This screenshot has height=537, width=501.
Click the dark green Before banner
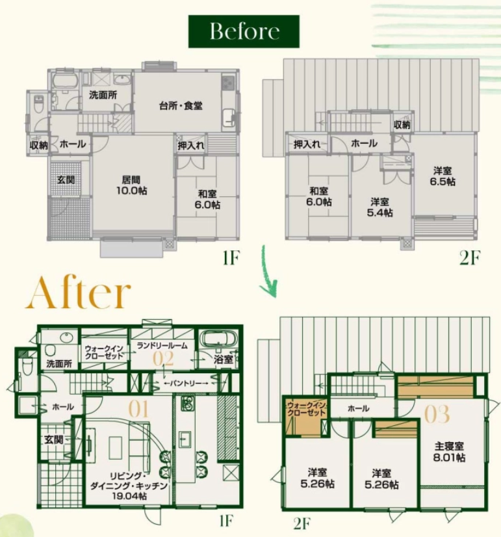[x=244, y=31]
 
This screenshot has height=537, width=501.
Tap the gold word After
[x=79, y=293]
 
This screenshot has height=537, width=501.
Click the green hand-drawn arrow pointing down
[x=268, y=270]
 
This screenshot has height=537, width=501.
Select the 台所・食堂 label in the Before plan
[x=181, y=105]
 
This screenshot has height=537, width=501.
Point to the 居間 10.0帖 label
[x=131, y=185]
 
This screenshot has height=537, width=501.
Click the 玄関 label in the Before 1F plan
[x=66, y=179]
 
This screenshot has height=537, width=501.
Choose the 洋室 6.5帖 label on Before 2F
[x=443, y=176]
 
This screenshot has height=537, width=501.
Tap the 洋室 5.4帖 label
[x=379, y=207]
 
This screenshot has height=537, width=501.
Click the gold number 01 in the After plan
[x=138, y=409]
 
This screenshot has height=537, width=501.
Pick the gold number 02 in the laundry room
[x=163, y=359]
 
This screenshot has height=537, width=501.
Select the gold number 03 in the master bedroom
[x=437, y=413]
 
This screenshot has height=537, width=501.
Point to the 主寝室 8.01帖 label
[x=449, y=452]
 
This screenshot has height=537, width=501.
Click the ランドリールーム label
[x=162, y=346]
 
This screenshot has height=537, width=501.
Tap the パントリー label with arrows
[x=186, y=383]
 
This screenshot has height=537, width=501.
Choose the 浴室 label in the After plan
[x=223, y=360]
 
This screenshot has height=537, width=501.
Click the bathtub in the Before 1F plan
[x=66, y=81]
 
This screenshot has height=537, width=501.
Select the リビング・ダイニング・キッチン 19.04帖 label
[x=129, y=486]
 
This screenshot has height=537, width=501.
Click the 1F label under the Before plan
[x=231, y=258]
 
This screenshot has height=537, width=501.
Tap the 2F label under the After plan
[x=302, y=523]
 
